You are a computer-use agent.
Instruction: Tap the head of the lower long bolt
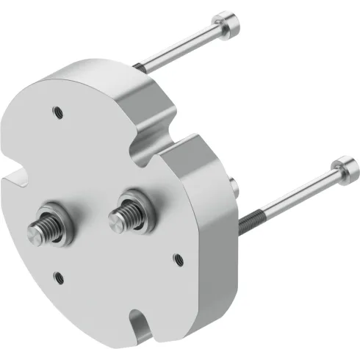tap(344, 167)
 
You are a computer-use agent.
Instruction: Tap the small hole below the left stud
tap(60, 276)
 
